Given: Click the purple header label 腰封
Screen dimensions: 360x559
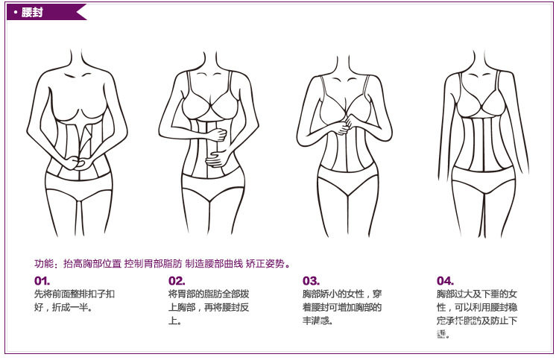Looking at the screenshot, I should point(32,12).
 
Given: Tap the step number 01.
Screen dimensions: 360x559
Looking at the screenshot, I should point(42,281).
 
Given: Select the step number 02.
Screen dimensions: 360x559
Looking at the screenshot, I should point(176,281).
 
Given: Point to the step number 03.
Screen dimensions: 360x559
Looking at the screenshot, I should point(311,281).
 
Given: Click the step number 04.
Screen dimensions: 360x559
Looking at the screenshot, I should point(445,281).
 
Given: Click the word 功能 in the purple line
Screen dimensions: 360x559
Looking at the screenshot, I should point(44,264).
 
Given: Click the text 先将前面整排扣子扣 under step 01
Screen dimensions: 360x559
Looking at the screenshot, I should point(75,294).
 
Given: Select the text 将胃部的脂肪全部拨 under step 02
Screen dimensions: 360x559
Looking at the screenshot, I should point(209,294).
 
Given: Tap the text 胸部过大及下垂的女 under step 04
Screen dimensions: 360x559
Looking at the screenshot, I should point(477,294).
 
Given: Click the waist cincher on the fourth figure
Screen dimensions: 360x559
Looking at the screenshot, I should point(484,142).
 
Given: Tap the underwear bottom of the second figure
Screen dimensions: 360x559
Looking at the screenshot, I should point(212,190).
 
